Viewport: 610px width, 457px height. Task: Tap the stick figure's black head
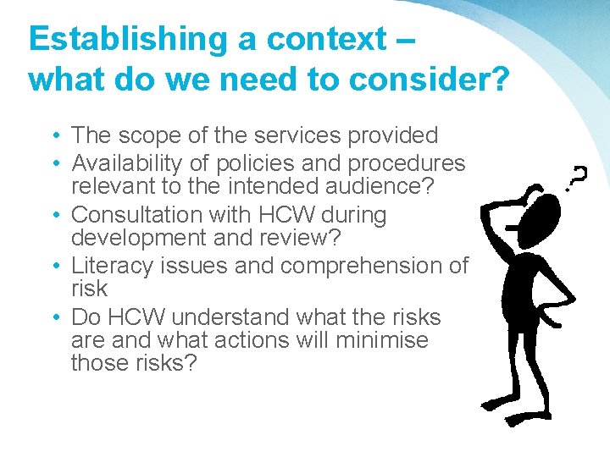539,220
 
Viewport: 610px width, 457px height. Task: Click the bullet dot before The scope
53,136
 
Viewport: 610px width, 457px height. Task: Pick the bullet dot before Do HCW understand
53,318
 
